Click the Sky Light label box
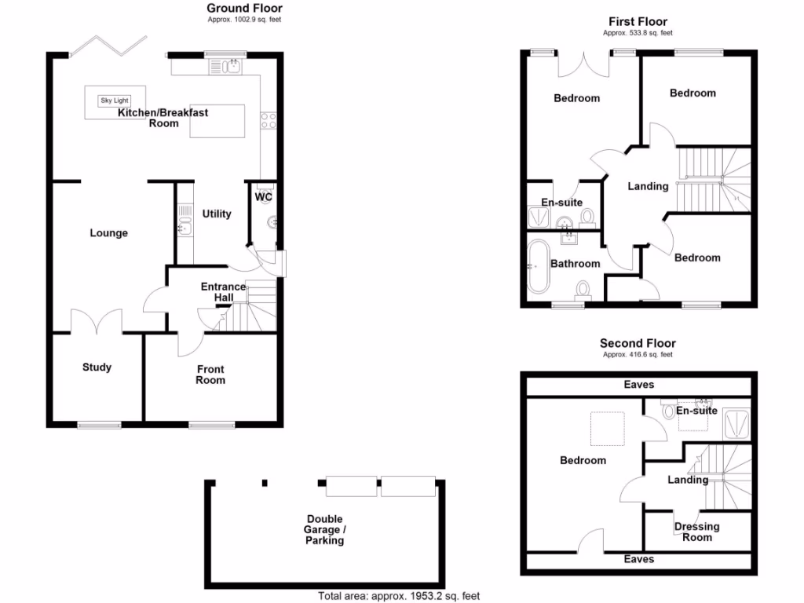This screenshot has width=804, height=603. point(114,100)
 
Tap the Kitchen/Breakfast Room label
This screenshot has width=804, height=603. point(163,118)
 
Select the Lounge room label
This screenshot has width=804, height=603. point(108,233)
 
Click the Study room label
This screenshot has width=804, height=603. point(97,367)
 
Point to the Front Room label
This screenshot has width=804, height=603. point(210,375)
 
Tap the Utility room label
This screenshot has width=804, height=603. point(217,214)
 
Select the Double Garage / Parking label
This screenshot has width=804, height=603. point(325,530)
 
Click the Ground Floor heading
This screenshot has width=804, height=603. point(244,9)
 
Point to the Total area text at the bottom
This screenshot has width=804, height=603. point(398,596)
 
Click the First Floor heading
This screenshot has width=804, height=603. point(638,21)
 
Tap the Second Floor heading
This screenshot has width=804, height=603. point(638,343)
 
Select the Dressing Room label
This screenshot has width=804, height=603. point(696,532)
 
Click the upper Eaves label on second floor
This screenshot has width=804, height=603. point(638,385)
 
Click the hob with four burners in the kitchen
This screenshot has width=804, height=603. point(269,120)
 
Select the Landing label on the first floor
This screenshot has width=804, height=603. point(648,186)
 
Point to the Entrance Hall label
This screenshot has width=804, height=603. point(223,292)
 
